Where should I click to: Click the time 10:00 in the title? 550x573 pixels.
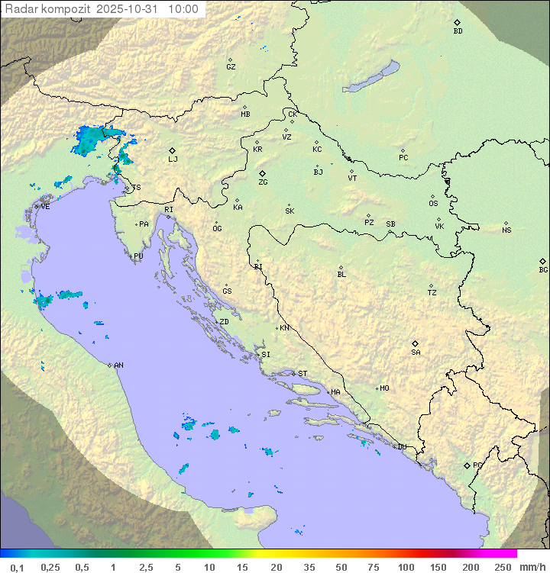tap(183, 9)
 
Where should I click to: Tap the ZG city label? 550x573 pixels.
tap(263, 182)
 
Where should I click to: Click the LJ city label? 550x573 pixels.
tap(173, 159)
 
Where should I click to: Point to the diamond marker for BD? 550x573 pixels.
tap(457, 23)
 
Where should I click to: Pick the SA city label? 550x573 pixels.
tap(416, 352)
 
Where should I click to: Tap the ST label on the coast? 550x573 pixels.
tap(302, 374)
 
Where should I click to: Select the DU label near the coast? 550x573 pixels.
tap(402, 447)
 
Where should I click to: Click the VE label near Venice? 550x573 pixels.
tap(45, 207)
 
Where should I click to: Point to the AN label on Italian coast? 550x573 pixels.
tap(118, 365)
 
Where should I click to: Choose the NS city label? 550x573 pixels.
tap(506, 230)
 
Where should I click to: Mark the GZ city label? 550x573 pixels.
tap(231, 67)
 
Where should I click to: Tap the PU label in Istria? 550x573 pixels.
tap(138, 256)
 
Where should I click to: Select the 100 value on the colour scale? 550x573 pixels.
tap(406, 567)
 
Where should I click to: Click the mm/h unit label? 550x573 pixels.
tap(531, 567)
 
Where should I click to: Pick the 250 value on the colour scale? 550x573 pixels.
tap(503, 567)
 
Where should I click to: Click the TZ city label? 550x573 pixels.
tap(432, 293)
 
